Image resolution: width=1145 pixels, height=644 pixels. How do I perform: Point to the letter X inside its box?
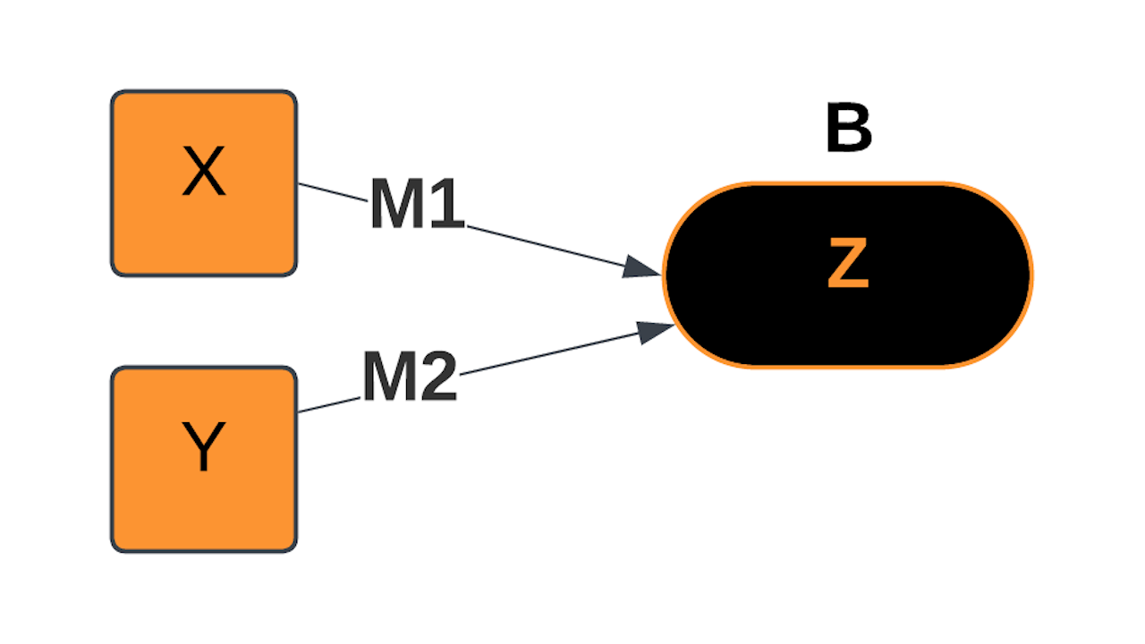pyautogui.click(x=203, y=173)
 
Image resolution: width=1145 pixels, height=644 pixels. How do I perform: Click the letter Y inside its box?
pyautogui.click(x=203, y=447)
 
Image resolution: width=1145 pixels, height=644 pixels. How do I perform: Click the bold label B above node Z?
pyautogui.click(x=848, y=130)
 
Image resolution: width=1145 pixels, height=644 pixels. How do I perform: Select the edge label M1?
pyautogui.click(x=418, y=206)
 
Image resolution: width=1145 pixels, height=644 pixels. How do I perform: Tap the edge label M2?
pyautogui.click(x=410, y=377)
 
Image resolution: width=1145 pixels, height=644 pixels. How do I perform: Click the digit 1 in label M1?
pyautogui.click(x=447, y=206)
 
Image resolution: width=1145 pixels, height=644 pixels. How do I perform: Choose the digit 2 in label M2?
pyautogui.click(x=438, y=377)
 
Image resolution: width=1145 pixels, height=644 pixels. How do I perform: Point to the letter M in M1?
pyautogui.click(x=398, y=206)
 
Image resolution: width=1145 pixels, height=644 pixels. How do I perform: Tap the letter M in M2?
pyautogui.click(x=390, y=377)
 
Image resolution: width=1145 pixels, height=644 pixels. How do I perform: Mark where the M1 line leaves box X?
pyautogui.click(x=301, y=184)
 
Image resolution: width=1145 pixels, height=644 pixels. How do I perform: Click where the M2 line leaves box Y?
pyautogui.click(x=301, y=411)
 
